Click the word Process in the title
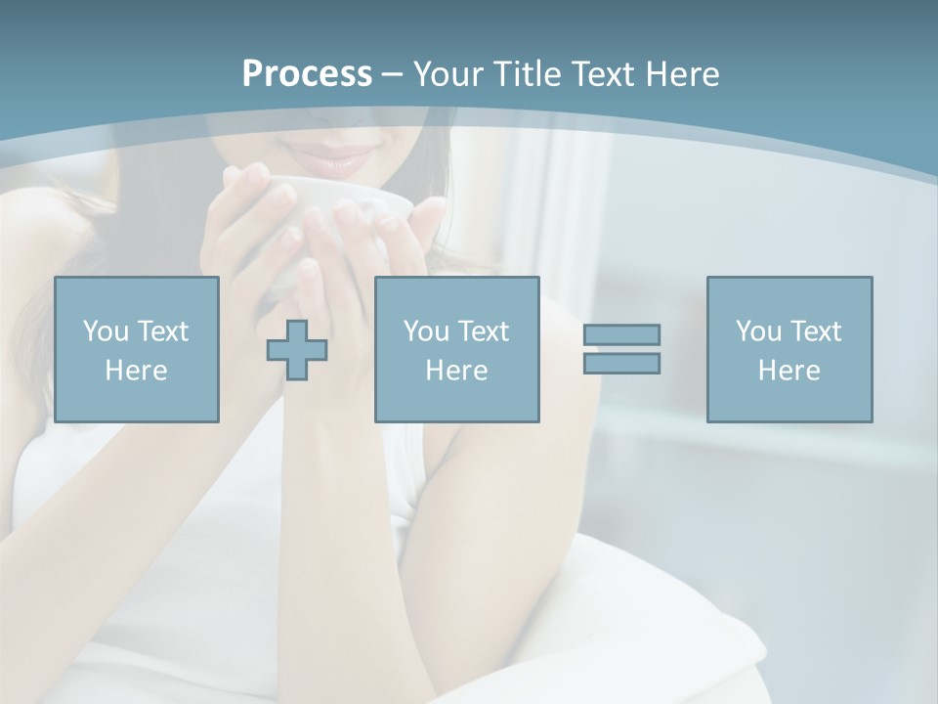(307, 74)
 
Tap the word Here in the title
(681, 74)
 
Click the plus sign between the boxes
(297, 350)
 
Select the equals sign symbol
(621, 349)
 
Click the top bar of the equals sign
(621, 334)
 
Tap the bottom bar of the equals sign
(621, 363)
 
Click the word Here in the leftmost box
(136, 371)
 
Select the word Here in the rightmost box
(789, 371)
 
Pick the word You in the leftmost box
(105, 331)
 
